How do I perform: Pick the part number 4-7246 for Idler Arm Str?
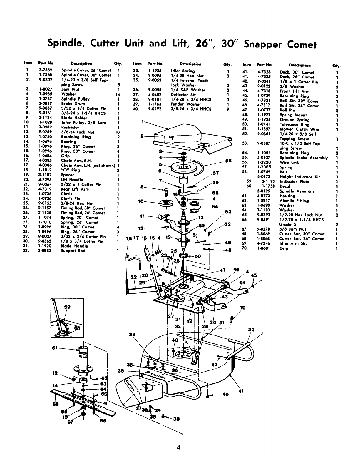[263, 243]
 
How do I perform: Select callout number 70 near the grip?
[243, 308]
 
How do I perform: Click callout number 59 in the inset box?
[67, 307]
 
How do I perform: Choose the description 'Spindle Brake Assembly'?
[304, 158]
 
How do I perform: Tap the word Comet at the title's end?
[302, 45]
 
